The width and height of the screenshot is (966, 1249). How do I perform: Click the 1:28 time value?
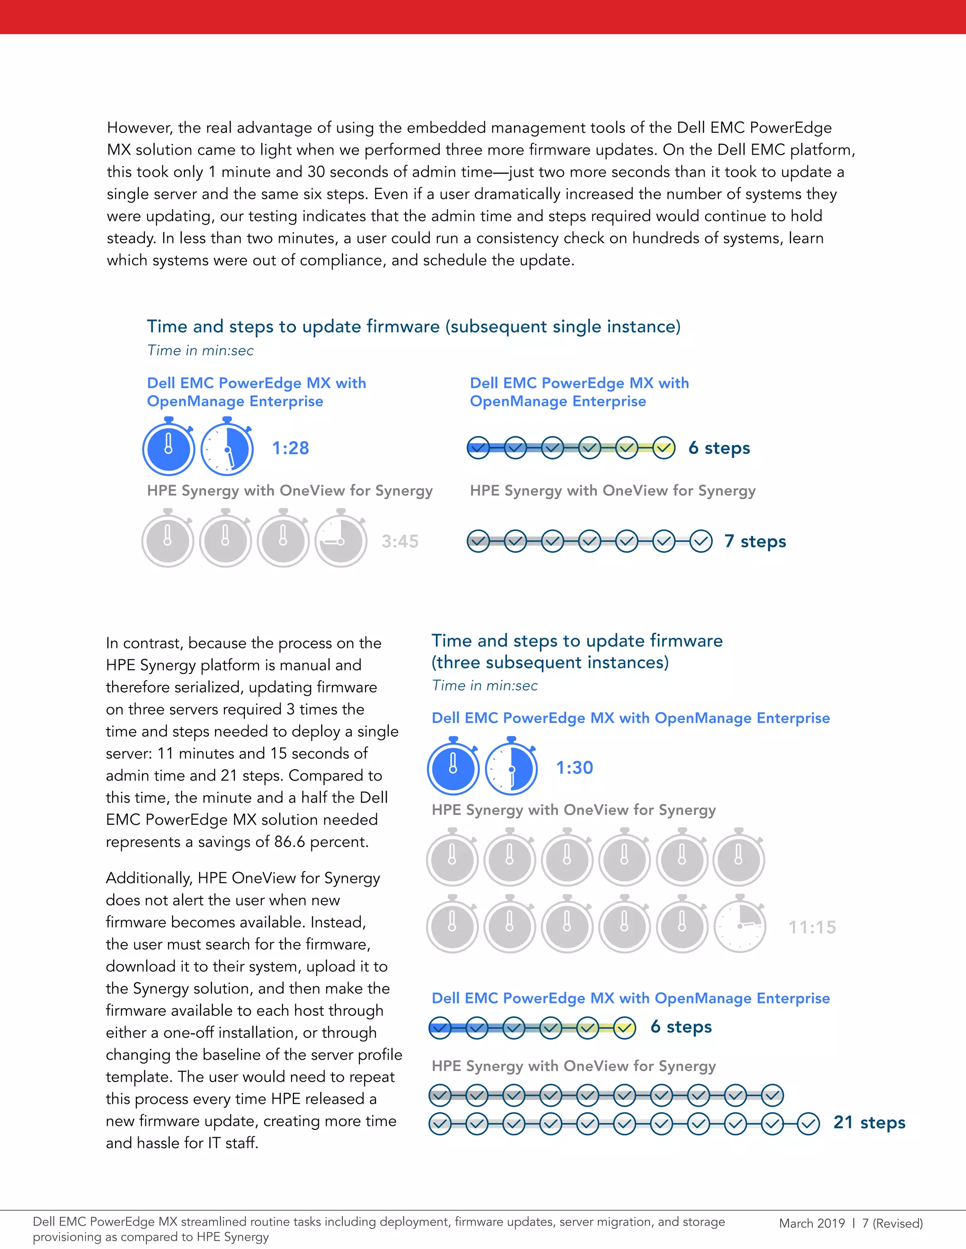(290, 448)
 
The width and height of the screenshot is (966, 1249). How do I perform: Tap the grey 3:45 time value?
(400, 541)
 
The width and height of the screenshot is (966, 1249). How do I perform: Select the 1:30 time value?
(575, 767)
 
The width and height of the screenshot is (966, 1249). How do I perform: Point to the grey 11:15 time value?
(812, 927)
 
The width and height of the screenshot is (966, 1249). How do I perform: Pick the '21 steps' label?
(869, 1122)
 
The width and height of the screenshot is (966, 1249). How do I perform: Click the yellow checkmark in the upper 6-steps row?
(664, 448)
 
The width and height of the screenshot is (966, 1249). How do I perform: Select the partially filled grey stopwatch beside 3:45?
(341, 541)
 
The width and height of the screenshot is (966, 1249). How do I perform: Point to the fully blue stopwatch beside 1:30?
(453, 769)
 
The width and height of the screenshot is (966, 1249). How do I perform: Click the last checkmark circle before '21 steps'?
(808, 1124)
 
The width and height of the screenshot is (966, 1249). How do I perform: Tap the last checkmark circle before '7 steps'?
(701, 541)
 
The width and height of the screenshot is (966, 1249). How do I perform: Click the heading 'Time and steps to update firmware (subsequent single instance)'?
(413, 327)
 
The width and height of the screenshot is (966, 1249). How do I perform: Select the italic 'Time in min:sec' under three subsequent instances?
(485, 685)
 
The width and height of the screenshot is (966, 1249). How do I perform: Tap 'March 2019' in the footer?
(811, 1223)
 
